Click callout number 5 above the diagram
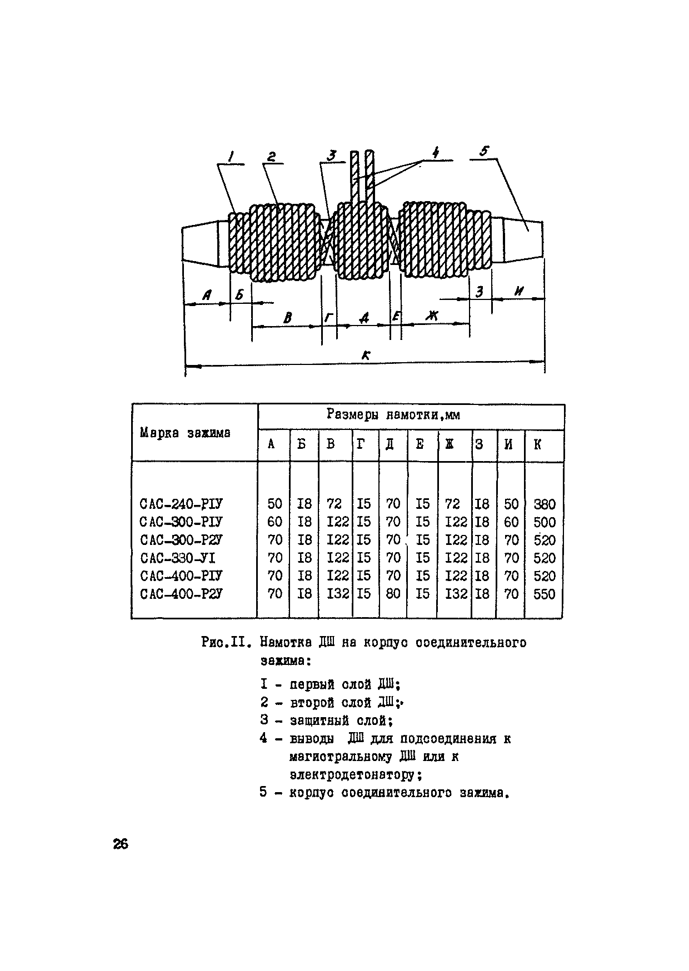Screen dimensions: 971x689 tap(485, 152)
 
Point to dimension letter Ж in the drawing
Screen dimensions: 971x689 tap(432, 316)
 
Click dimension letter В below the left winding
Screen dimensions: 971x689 tap(287, 318)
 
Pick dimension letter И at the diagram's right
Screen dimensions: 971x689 tap(520, 291)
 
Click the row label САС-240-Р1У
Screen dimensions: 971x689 tap(181, 504)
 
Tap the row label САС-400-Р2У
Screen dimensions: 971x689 tap(181, 594)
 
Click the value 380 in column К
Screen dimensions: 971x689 tap(544, 504)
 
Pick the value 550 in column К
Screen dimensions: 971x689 tap(544, 594)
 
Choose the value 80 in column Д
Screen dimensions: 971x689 tap(393, 594)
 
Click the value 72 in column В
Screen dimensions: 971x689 tap(334, 504)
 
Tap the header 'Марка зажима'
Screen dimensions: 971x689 tap(185, 433)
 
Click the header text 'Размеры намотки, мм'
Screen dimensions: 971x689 tap(393, 415)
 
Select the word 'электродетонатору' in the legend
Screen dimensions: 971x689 tap(352, 774)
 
